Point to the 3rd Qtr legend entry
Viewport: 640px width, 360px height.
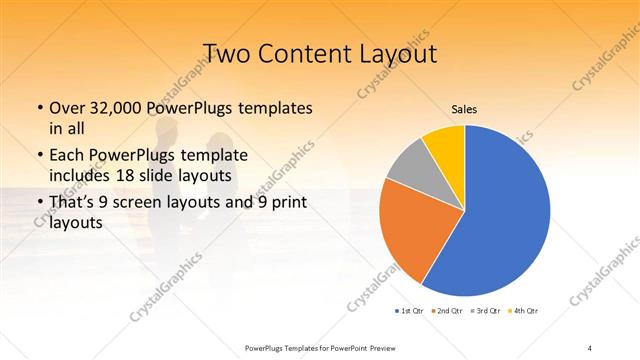tap(487, 312)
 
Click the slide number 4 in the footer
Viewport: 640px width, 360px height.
tap(591, 347)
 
